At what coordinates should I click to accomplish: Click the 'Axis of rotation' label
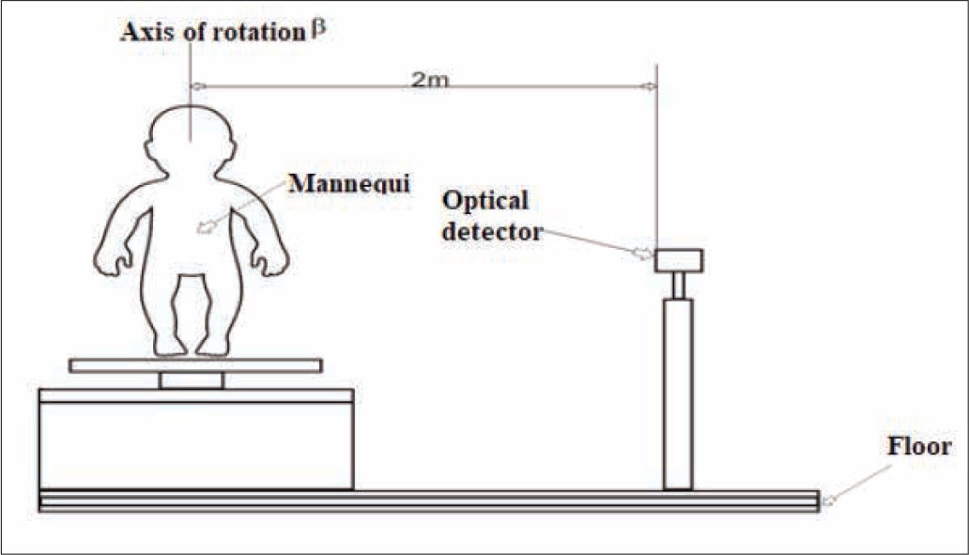(x=212, y=33)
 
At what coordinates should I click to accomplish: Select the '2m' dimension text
(x=430, y=78)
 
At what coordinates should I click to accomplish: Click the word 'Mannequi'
(x=350, y=181)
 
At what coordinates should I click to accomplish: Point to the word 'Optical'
(x=485, y=201)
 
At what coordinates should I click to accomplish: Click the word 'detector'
(x=493, y=231)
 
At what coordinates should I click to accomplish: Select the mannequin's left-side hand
(x=110, y=259)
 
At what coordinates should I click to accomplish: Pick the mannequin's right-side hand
(x=272, y=259)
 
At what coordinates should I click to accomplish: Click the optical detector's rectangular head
(x=679, y=260)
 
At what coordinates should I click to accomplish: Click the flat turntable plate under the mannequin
(x=195, y=365)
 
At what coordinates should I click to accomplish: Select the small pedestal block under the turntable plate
(x=192, y=380)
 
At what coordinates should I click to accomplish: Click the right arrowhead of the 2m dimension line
(x=651, y=86)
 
